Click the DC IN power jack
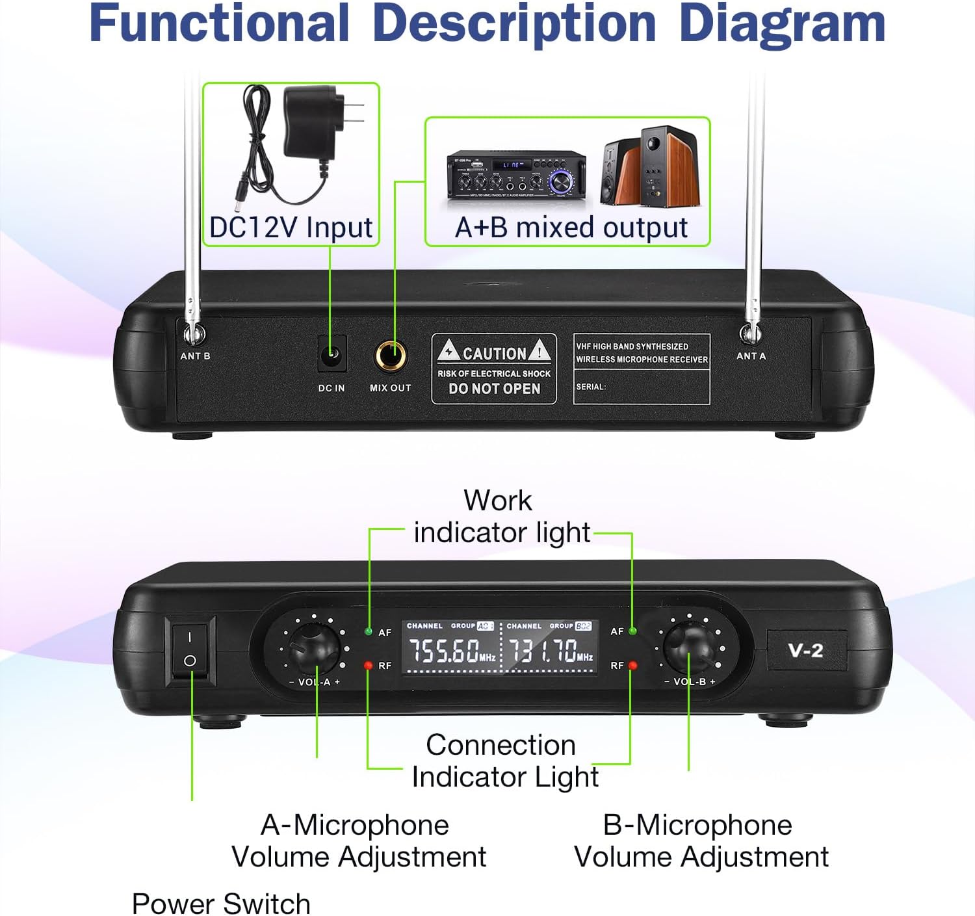tap(332, 355)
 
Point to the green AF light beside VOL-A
tap(369, 631)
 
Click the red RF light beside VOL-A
tap(369, 665)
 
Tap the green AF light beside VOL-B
tap(633, 631)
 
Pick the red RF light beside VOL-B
tap(633, 665)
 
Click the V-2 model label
tap(805, 650)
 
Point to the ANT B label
tap(195, 356)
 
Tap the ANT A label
tap(751, 356)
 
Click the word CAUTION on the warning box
tap(494, 353)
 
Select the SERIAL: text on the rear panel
tap(590, 387)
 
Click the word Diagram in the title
tap(782, 23)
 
